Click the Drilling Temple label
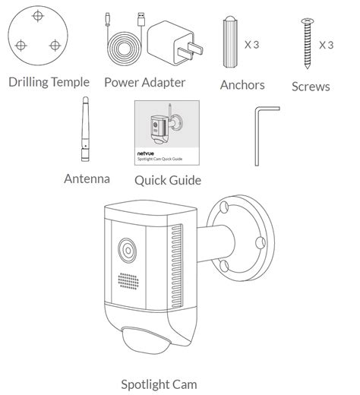pos(49,82)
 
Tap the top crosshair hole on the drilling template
pos(38,16)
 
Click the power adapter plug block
pos(175,43)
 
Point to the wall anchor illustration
pos(230,42)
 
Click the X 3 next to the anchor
pos(251,45)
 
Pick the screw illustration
pos(308,43)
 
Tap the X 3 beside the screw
pos(326,45)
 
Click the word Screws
pos(311,87)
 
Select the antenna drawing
pos(85,129)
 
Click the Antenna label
pos(87,179)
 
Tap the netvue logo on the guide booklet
pos(146,153)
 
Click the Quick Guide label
pos(168,180)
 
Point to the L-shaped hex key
pos(257,137)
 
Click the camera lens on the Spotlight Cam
pos(127,251)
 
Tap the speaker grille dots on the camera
pos(128,281)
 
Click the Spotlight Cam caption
pos(159,384)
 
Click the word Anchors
pos(242,85)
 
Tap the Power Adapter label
pos(145,83)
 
